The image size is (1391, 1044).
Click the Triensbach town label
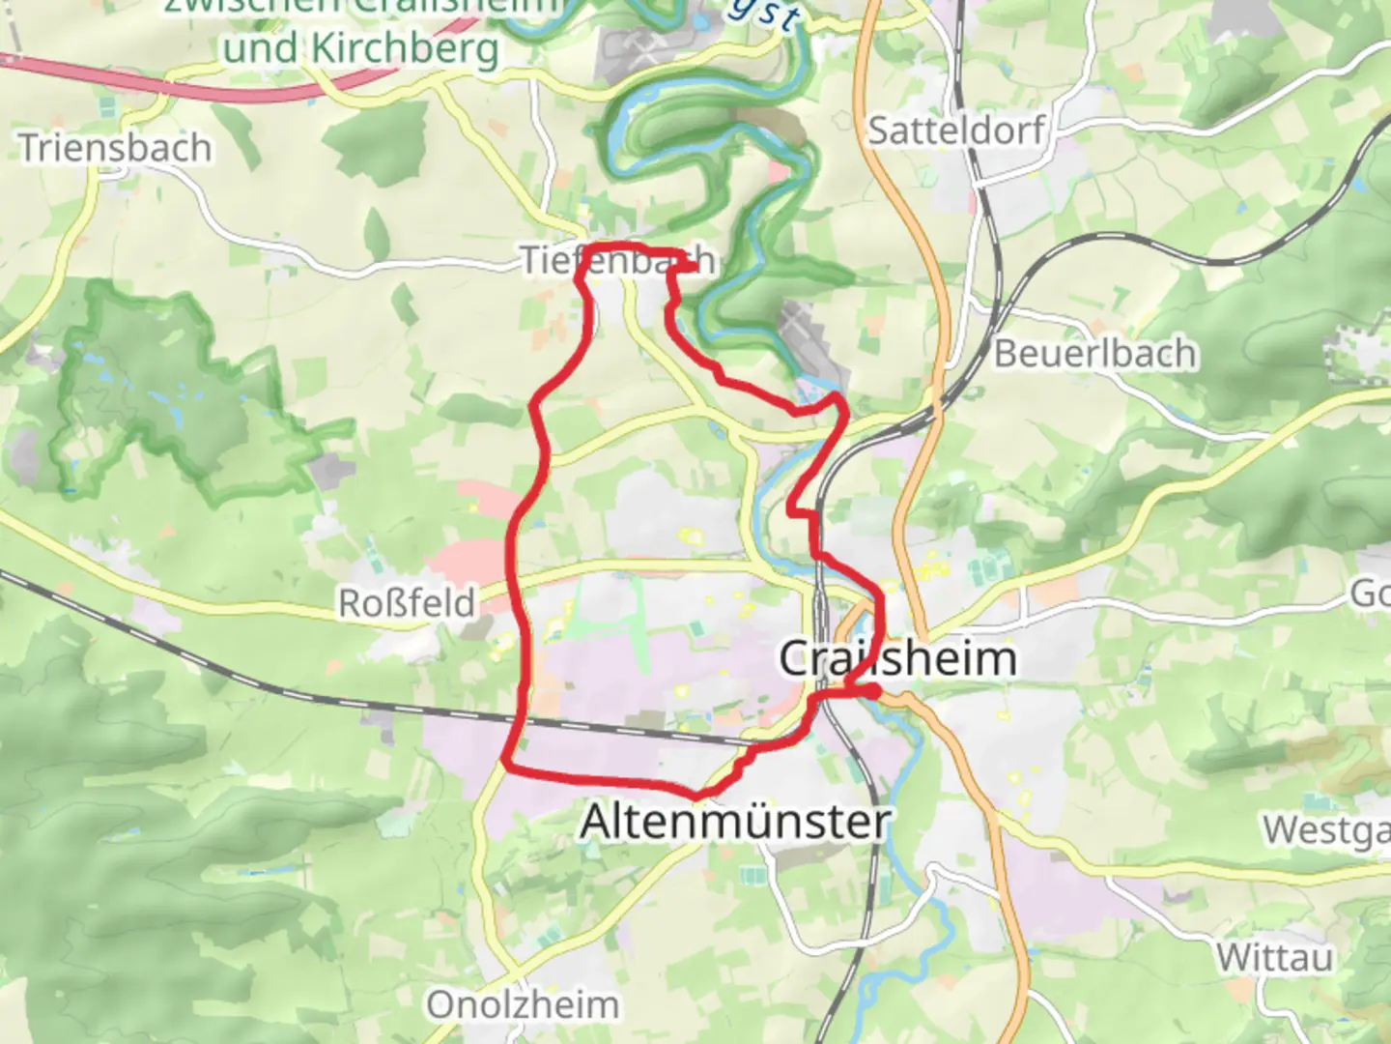pyautogui.click(x=115, y=148)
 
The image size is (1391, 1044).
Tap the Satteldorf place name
pyautogui.click(x=956, y=130)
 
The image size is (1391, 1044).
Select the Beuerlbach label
pyautogui.click(x=1094, y=354)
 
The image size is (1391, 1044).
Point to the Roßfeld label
pyautogui.click(x=407, y=603)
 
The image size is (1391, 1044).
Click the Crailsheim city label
pyautogui.click(x=897, y=659)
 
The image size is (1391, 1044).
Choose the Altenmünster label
pyautogui.click(x=735, y=823)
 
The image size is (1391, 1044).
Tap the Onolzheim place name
pyautogui.click(x=523, y=1004)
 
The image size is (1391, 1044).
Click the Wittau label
pyautogui.click(x=1274, y=958)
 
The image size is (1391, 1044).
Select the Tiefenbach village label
pyautogui.click(x=618, y=260)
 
